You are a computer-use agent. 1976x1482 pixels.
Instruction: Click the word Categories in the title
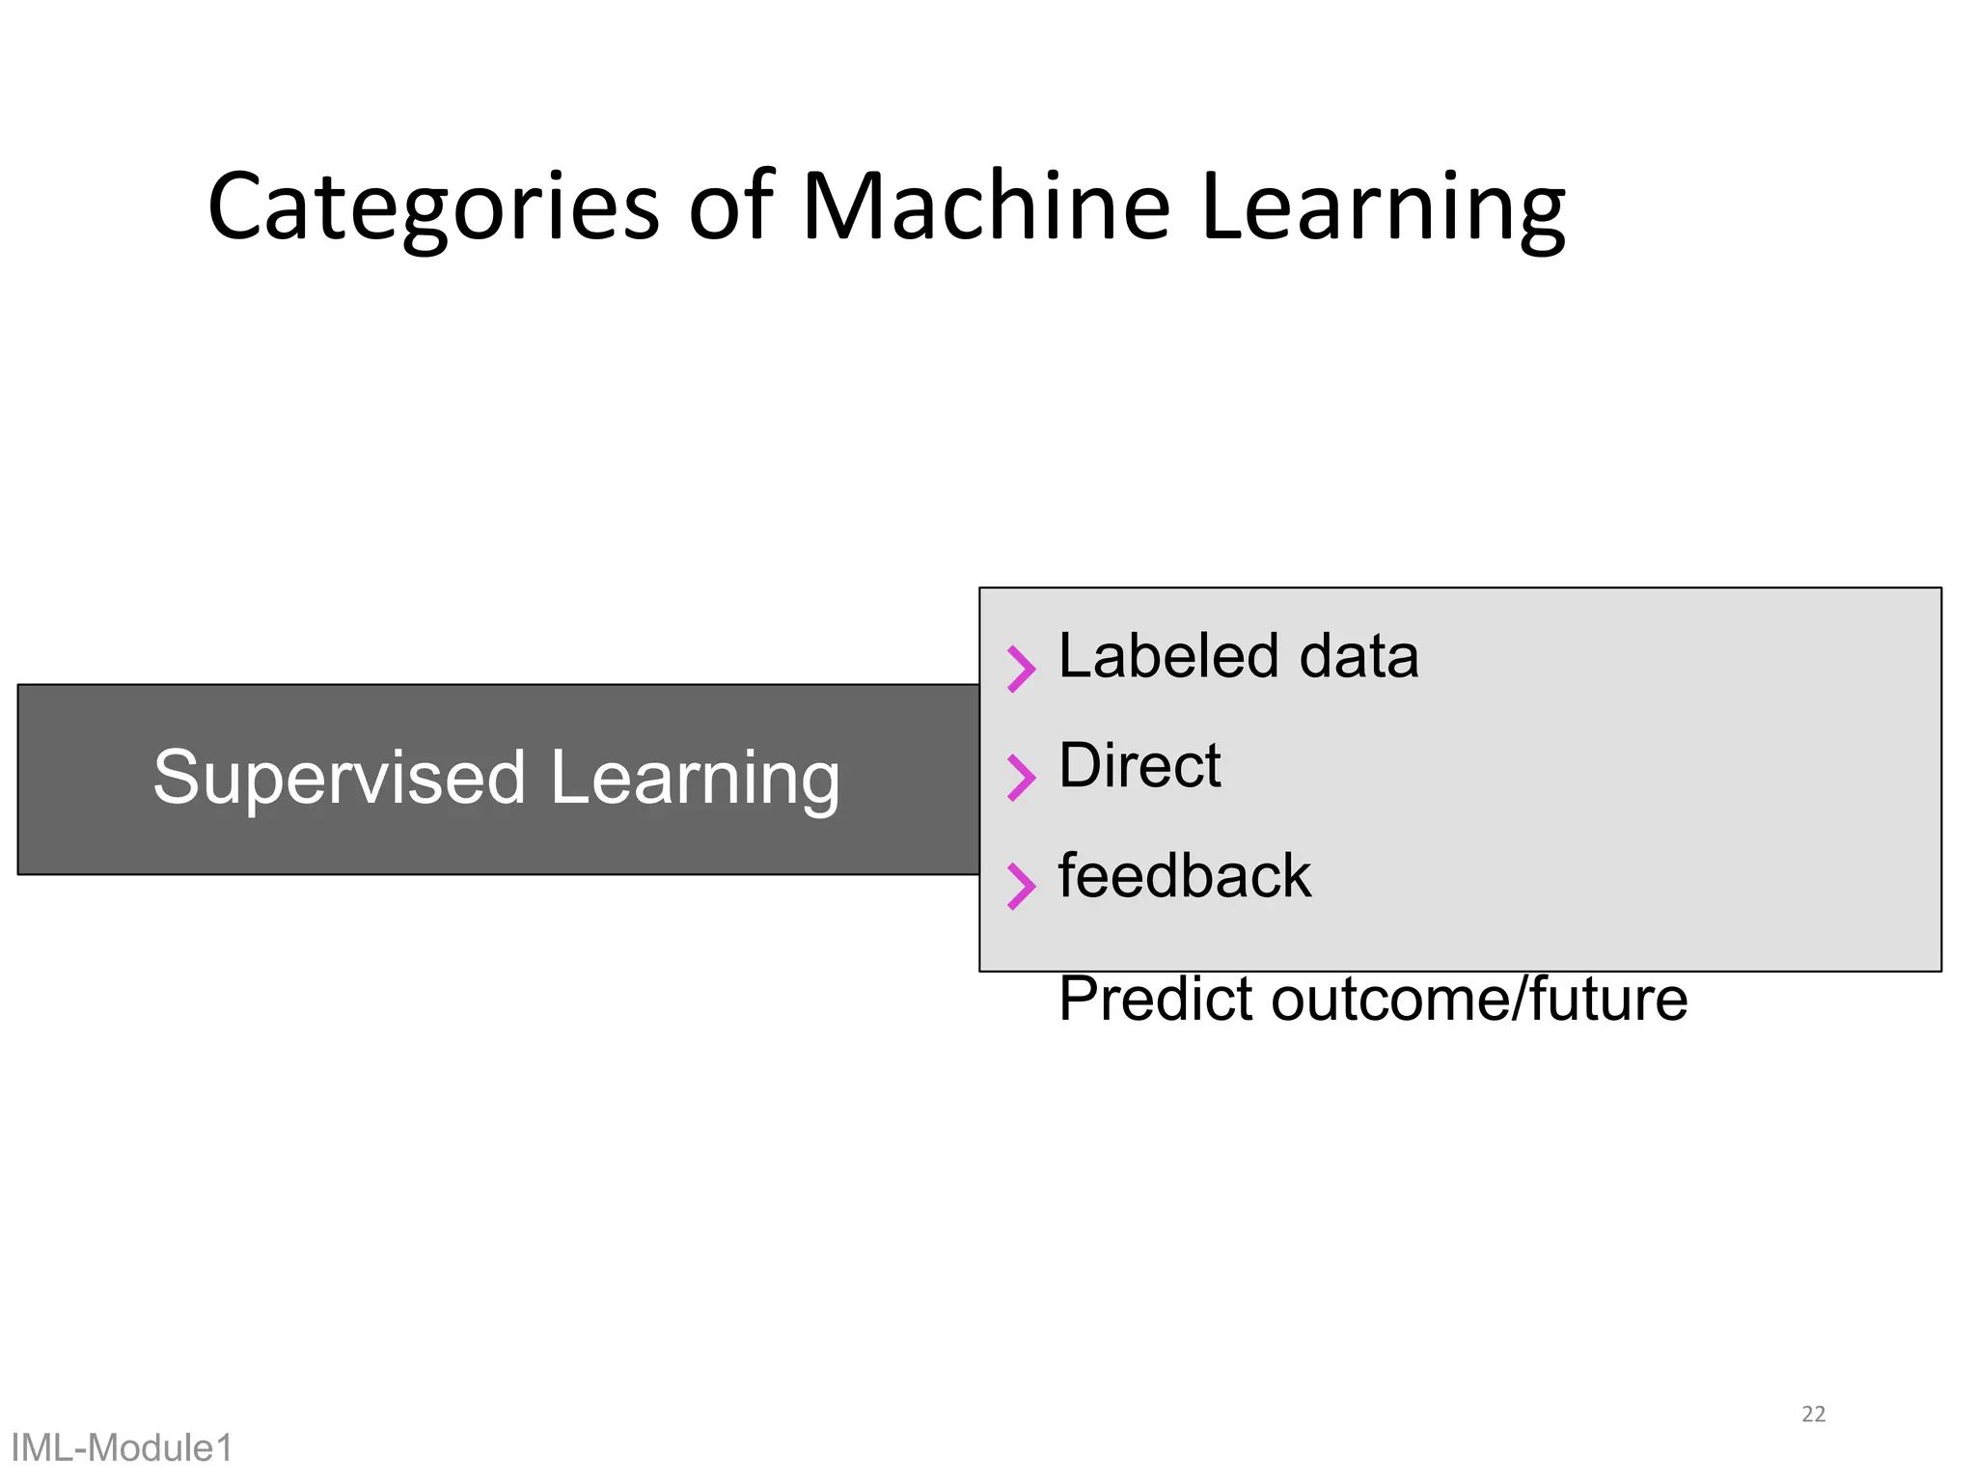pyautogui.click(x=433, y=206)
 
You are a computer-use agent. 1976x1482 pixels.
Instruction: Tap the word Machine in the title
pyautogui.click(x=986, y=206)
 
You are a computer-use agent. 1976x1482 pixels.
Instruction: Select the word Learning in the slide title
pyautogui.click(x=1383, y=206)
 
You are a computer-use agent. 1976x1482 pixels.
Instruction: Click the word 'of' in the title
pyautogui.click(x=730, y=206)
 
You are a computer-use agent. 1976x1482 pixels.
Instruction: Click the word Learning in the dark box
pyautogui.click(x=695, y=778)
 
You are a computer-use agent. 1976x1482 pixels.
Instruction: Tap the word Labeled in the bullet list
pyautogui.click(x=1169, y=656)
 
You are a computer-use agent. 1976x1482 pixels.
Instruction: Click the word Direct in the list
pyautogui.click(x=1139, y=766)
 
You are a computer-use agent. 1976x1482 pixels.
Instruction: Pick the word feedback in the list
pyautogui.click(x=1184, y=876)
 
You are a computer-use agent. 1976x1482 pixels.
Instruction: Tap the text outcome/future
pyautogui.click(x=1479, y=999)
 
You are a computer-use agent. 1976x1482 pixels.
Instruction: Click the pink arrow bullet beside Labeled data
pyautogui.click(x=1021, y=669)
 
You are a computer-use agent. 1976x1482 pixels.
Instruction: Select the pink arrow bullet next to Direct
pyautogui.click(x=1021, y=778)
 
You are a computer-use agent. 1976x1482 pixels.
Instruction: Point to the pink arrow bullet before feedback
pyautogui.click(x=1021, y=886)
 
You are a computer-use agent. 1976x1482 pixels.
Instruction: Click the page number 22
pyautogui.click(x=1813, y=1414)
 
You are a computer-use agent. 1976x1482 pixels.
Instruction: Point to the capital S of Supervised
pyautogui.click(x=176, y=778)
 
